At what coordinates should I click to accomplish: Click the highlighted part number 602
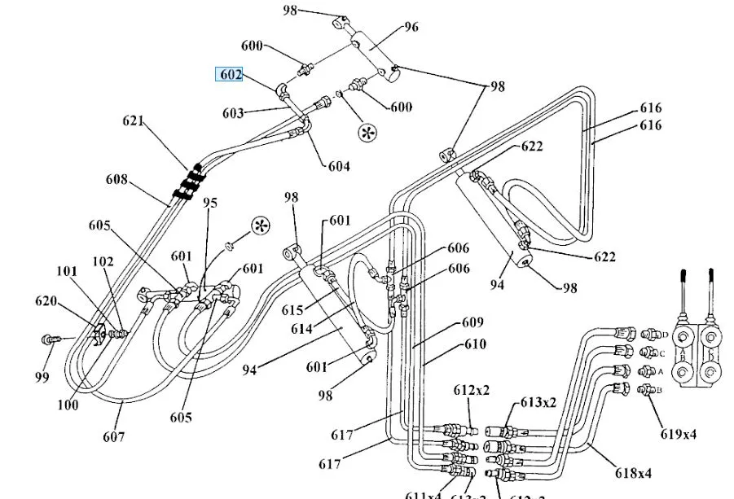click(x=231, y=75)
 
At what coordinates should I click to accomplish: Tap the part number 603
click(x=232, y=114)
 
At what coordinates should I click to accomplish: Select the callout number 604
click(x=339, y=166)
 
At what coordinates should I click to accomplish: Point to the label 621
click(x=133, y=122)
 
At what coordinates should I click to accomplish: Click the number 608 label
click(x=116, y=179)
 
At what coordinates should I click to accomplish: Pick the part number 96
click(x=411, y=27)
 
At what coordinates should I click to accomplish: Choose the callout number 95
click(x=211, y=203)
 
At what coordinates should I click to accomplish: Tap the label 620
click(x=46, y=302)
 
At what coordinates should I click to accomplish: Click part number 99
click(x=42, y=377)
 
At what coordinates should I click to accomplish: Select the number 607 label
click(x=114, y=437)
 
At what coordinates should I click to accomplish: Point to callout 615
click(x=292, y=310)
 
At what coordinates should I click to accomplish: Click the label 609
click(x=472, y=322)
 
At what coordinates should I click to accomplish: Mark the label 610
click(x=475, y=344)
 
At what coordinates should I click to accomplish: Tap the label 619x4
click(x=679, y=433)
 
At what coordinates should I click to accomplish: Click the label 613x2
click(x=538, y=402)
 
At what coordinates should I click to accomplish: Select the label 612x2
click(x=472, y=390)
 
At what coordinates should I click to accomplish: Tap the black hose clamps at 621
click(x=189, y=182)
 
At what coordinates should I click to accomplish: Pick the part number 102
click(x=103, y=262)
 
